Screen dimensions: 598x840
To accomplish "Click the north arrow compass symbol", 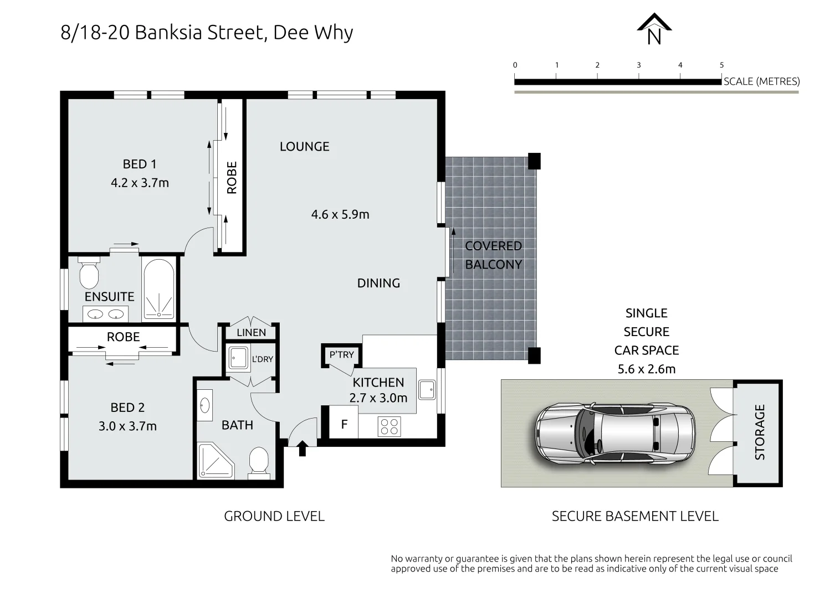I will click(x=654, y=29).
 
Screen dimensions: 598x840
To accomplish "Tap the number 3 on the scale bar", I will click(x=638, y=65).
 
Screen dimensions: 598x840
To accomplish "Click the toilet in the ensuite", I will click(x=88, y=272).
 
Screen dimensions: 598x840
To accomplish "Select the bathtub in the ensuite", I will click(x=158, y=288).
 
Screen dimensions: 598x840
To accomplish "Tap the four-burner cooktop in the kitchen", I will click(x=389, y=426).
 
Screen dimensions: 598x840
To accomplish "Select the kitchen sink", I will click(x=427, y=389).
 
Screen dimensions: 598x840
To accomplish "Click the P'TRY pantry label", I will click(x=341, y=354).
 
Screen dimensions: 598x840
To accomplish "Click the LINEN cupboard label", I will click(x=251, y=332).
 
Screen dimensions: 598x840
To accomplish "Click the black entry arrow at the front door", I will click(x=302, y=447).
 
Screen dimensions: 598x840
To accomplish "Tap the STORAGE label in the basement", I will click(x=760, y=432).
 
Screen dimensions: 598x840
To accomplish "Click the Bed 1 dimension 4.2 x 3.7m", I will click(x=140, y=183).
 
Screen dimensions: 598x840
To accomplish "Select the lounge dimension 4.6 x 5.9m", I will click(x=340, y=214).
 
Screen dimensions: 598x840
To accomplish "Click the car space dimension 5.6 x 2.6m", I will click(x=646, y=369).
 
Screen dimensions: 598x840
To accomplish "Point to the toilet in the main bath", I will click(x=258, y=461).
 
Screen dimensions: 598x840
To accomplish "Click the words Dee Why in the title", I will click(x=313, y=33).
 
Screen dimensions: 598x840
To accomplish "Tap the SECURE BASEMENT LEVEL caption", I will click(x=635, y=516).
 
